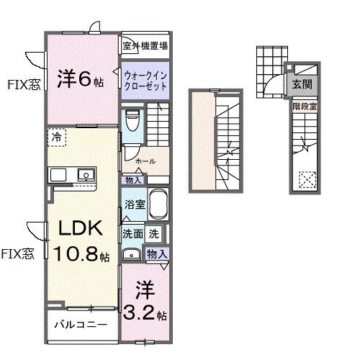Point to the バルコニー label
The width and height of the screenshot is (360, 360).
(81, 325)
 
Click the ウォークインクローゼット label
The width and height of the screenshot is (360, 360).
(145, 80)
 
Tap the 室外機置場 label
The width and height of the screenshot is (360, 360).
(145, 47)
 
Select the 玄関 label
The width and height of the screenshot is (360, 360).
(300, 84)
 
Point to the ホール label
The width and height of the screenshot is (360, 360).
(145, 161)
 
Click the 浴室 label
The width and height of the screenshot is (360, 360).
(135, 204)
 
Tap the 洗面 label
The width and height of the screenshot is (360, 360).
(132, 233)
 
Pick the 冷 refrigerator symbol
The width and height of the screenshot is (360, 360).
(55, 135)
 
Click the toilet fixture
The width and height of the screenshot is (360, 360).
(131, 122)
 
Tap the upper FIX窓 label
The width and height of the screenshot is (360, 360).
(24, 84)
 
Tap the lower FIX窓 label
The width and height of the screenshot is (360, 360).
(17, 253)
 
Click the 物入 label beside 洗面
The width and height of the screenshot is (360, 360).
(156, 253)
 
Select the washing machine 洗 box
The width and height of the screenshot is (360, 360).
(153, 233)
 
